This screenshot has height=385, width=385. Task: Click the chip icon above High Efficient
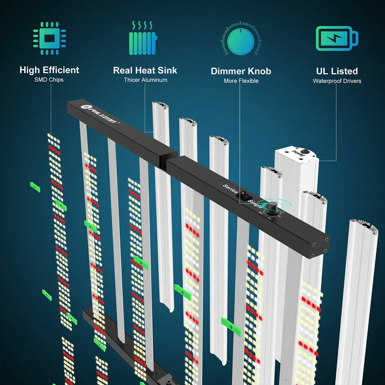point(49,38)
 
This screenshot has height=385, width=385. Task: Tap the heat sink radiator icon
point(143,38)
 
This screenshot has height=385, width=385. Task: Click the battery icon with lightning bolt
point(336,38)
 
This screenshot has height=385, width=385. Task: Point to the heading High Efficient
point(49,70)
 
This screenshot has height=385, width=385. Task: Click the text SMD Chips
point(49,80)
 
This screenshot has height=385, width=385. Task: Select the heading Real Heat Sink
point(145,70)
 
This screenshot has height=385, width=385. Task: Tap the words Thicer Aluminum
point(146,80)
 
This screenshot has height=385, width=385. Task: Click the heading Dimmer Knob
point(241,71)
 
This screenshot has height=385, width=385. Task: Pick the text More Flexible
point(241,81)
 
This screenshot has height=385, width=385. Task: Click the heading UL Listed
point(337,71)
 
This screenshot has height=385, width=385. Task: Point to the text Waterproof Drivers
point(337,81)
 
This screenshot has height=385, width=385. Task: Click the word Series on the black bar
point(229,189)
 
